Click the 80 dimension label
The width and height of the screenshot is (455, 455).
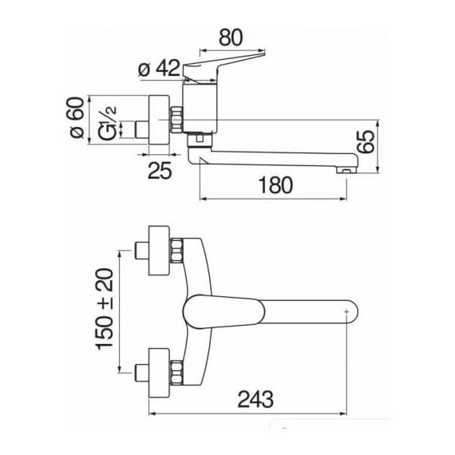[x=231, y=38]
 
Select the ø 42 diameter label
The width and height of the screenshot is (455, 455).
[x=159, y=69]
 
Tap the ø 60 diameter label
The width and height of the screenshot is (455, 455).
[x=77, y=117]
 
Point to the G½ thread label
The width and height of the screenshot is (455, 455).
[x=107, y=123]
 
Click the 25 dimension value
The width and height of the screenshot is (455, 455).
[x=160, y=170]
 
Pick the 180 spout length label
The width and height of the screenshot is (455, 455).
[x=275, y=185]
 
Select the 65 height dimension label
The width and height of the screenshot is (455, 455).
[x=366, y=141]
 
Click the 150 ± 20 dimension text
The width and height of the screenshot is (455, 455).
[x=105, y=310]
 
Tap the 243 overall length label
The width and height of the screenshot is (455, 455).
[x=255, y=399]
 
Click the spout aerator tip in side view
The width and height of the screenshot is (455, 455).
[x=346, y=170]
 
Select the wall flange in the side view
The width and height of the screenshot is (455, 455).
[x=159, y=120]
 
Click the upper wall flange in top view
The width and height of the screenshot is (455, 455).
[x=159, y=250]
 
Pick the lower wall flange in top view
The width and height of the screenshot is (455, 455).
[x=159, y=373]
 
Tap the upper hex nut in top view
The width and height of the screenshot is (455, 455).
[x=176, y=251]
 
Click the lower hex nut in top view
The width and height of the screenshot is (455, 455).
[x=176, y=373]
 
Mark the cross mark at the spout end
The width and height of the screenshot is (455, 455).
[x=346, y=312]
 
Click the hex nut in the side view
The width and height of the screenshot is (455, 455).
[x=176, y=120]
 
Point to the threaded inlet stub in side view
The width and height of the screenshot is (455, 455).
[x=141, y=129]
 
